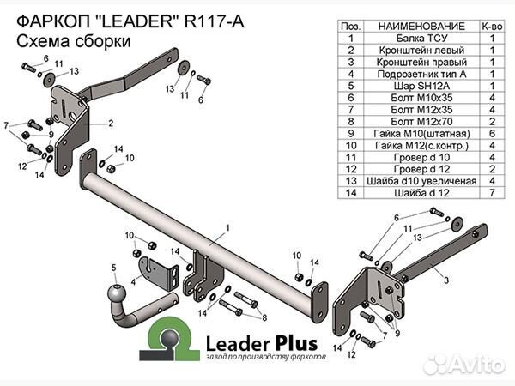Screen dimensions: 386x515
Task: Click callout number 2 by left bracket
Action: click(111, 123)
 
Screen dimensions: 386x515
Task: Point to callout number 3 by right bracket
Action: click(446, 280)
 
